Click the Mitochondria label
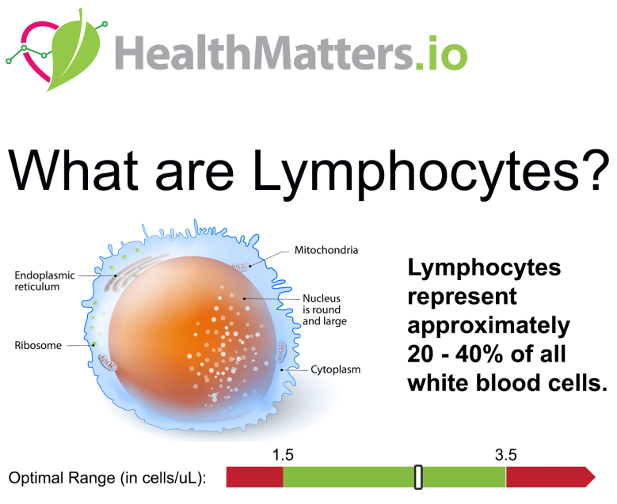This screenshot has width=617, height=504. (x=326, y=251)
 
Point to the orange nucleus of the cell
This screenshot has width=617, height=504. (x=174, y=332)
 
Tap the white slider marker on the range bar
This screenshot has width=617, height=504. (x=419, y=477)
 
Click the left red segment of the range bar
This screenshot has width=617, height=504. (x=254, y=477)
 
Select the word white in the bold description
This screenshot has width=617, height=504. (x=440, y=383)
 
